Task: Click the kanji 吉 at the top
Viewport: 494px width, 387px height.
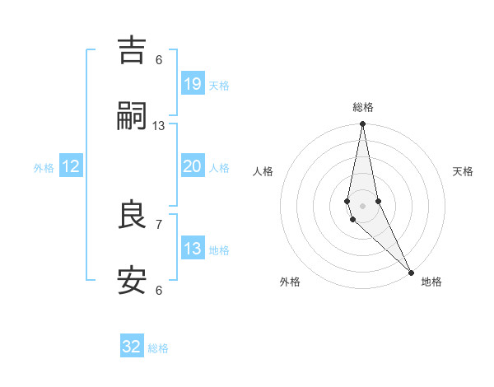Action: [132, 49]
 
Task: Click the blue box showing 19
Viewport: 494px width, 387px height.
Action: [193, 83]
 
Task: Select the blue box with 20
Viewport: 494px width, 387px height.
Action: [193, 166]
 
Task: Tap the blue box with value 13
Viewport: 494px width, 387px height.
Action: [193, 249]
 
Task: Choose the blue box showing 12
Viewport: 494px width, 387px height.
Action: [71, 166]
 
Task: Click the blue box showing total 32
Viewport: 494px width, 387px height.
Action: [132, 347]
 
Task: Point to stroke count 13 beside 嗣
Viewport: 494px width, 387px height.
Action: [159, 126]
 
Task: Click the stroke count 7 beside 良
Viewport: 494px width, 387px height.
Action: [159, 224]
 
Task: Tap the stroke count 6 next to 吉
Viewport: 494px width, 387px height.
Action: [159, 59]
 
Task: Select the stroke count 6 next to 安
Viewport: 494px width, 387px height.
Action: [159, 290]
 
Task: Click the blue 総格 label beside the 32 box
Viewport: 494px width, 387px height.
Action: [158, 348]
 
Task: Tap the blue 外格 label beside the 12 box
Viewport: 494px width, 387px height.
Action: [44, 168]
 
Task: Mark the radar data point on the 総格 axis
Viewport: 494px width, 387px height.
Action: [362, 124]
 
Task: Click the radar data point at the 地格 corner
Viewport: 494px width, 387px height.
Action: [411, 272]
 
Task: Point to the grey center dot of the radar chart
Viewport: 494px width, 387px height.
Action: [362, 205]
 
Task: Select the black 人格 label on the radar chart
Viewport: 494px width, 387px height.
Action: [263, 171]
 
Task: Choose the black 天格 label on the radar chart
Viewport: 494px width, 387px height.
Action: [463, 171]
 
